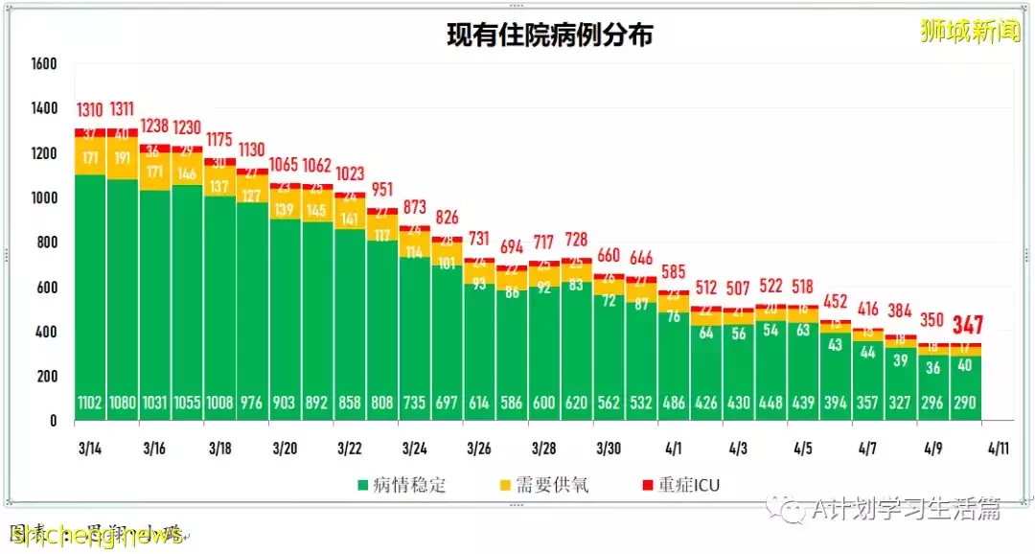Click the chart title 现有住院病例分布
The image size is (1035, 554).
pyautogui.click(x=550, y=35)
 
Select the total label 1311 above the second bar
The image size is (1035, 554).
pyautogui.click(x=123, y=108)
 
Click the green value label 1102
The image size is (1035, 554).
pyautogui.click(x=90, y=404)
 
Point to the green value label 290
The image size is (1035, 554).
pyautogui.click(x=965, y=404)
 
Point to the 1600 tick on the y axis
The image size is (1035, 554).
pyautogui.click(x=44, y=64)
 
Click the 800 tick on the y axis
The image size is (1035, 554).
pyautogui.click(x=48, y=242)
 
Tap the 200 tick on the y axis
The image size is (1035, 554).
pyautogui.click(x=48, y=377)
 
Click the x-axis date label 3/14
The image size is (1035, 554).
pyautogui.click(x=90, y=448)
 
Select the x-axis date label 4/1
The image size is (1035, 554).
pyautogui.click(x=673, y=448)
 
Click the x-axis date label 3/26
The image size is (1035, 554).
pyautogui.click(x=478, y=448)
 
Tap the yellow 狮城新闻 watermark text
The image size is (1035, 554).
pyautogui.click(x=970, y=32)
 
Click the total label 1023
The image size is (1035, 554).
pyautogui.click(x=350, y=174)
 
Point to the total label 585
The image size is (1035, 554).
pyautogui.click(x=673, y=272)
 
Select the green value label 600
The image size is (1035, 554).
pyautogui.click(x=543, y=404)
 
